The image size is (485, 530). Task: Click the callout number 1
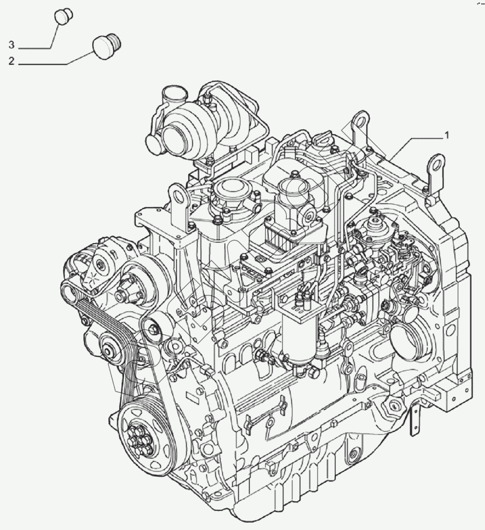[x=447, y=136]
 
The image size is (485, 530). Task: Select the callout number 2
[x=11, y=61]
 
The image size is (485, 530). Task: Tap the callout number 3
[x=11, y=45]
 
